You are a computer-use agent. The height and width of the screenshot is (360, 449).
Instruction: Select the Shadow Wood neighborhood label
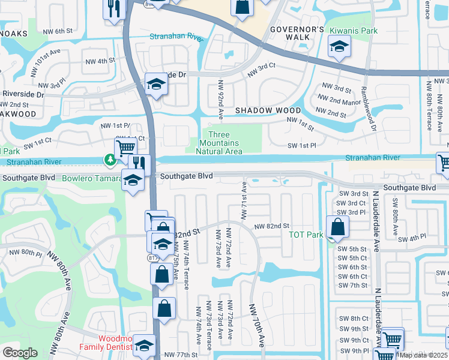tap(268, 110)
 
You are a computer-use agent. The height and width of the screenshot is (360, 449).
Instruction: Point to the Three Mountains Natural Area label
tap(218, 143)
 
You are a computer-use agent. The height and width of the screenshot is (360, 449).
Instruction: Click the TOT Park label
tap(307, 235)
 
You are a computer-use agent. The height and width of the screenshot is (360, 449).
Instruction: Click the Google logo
tap(20, 353)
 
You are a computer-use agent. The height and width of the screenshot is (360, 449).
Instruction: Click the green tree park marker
tap(110, 160)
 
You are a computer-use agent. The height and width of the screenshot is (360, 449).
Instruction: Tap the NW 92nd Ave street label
tap(221, 98)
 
